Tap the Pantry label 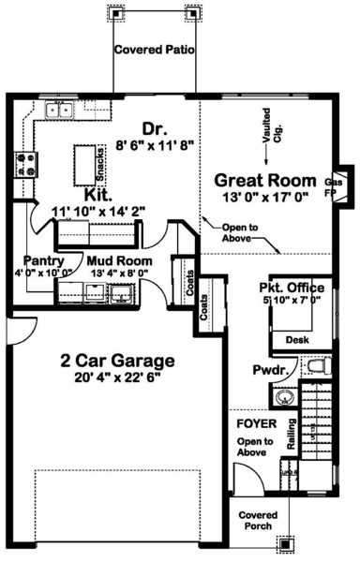(44, 261)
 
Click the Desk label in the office (297, 340)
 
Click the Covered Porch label (258, 521)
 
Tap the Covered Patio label (154, 51)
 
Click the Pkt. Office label (292, 287)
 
